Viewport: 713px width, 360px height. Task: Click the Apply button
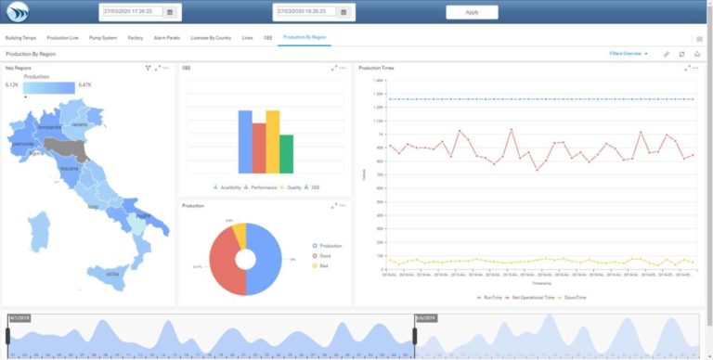(472, 12)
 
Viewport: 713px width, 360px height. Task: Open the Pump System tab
(103, 38)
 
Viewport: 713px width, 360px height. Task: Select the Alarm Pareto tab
(167, 38)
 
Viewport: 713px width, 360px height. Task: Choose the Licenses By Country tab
(211, 38)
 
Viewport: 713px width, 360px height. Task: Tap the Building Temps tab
(21, 38)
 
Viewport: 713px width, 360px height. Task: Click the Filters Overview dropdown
(629, 54)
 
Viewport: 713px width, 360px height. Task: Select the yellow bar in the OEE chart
(273, 142)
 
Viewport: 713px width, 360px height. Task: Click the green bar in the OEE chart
(287, 154)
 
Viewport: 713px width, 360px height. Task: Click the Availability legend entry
(228, 186)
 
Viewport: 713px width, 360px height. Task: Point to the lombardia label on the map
(49, 127)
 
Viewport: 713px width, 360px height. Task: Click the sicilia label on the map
(111, 274)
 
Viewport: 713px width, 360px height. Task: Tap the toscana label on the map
(69, 170)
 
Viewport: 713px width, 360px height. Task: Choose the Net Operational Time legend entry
(530, 297)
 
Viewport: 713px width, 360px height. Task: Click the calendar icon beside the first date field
(170, 12)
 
